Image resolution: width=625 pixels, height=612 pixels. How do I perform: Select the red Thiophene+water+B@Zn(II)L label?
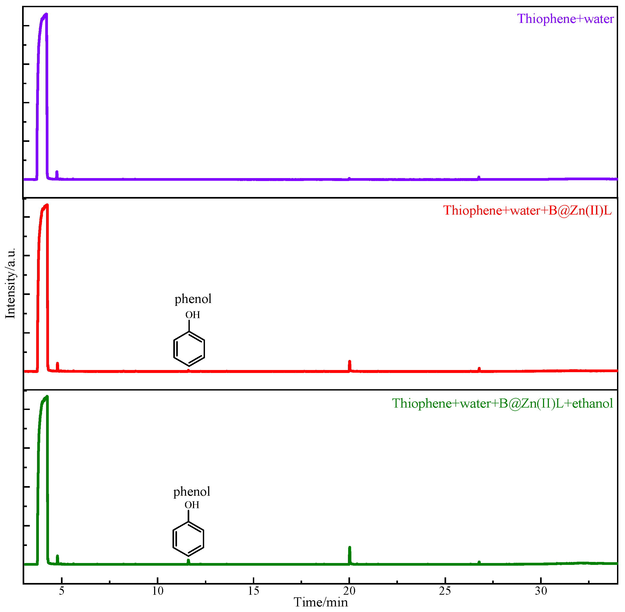click(x=527, y=211)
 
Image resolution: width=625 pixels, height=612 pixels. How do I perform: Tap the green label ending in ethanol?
click(x=502, y=403)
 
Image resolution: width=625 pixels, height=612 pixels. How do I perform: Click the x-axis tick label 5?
click(x=62, y=591)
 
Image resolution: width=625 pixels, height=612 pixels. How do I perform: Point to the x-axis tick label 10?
click(x=158, y=591)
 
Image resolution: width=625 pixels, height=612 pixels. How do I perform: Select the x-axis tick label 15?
click(x=253, y=591)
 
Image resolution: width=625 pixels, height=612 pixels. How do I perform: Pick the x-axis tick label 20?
click(x=349, y=591)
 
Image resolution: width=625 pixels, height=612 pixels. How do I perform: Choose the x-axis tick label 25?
click(x=445, y=591)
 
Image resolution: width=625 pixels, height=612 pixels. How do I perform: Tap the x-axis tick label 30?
click(x=541, y=591)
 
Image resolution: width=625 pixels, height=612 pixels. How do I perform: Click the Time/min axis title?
click(x=320, y=602)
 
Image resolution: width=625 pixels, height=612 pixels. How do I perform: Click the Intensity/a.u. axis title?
click(x=11, y=283)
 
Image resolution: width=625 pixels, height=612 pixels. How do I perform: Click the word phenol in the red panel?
click(x=193, y=299)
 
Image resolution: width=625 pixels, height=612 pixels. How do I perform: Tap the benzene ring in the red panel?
click(x=189, y=349)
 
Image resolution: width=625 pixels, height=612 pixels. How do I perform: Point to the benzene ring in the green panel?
click(x=188, y=539)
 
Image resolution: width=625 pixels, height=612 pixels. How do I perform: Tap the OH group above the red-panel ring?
click(x=192, y=315)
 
